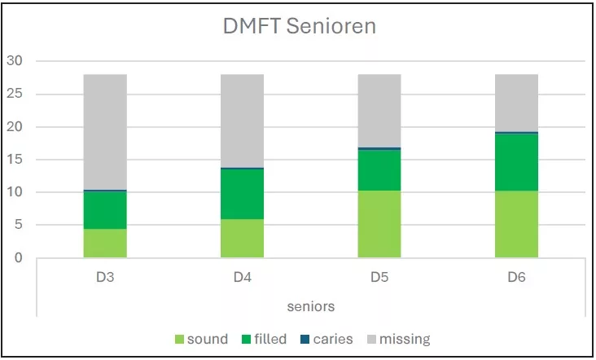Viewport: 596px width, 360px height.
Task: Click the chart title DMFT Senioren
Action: click(x=299, y=26)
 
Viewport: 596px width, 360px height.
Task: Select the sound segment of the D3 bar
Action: click(x=105, y=244)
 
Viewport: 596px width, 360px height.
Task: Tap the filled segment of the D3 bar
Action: click(x=105, y=210)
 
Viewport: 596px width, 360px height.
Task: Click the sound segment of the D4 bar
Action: click(x=242, y=239)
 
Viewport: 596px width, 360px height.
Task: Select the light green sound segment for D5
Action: click(x=379, y=224)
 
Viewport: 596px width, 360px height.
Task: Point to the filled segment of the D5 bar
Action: click(x=379, y=170)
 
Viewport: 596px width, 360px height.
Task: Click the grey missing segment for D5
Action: click(x=379, y=111)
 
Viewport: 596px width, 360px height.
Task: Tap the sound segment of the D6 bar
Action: click(x=516, y=224)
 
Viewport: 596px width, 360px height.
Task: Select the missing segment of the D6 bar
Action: click(x=516, y=103)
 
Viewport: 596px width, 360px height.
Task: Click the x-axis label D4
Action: click(x=242, y=277)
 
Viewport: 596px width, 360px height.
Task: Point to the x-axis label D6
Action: click(x=516, y=277)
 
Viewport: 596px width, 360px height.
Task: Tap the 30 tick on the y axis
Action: click(x=15, y=61)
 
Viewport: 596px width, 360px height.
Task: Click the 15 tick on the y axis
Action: click(x=15, y=160)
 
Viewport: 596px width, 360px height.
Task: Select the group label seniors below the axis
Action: click(x=310, y=306)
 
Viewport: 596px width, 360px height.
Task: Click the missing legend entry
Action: click(x=397, y=339)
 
